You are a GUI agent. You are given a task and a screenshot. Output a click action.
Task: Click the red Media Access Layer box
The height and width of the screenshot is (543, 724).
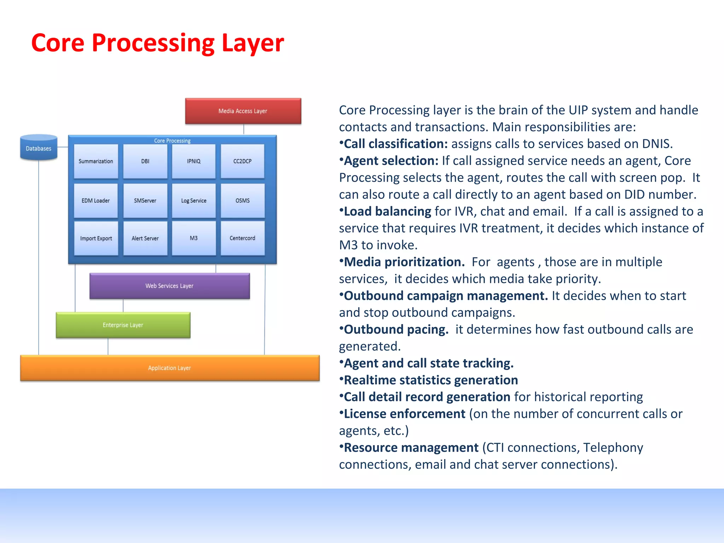(x=243, y=111)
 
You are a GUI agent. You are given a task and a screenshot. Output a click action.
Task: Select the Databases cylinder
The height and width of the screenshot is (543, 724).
(x=39, y=148)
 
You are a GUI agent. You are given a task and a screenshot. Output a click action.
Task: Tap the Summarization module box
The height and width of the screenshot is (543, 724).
(x=96, y=161)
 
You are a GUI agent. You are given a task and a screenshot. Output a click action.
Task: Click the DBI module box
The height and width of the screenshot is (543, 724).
(x=145, y=161)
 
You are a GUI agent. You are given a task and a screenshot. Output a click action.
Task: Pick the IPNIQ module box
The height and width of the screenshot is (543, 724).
(x=194, y=161)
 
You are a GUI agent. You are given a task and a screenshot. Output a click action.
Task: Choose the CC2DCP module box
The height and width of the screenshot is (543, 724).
(x=243, y=161)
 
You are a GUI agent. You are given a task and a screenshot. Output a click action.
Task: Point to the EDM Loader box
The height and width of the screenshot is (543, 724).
(x=96, y=200)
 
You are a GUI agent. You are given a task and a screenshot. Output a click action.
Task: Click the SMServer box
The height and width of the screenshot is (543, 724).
(x=145, y=200)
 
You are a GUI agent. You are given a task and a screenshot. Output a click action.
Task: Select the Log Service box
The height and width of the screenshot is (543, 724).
(x=194, y=200)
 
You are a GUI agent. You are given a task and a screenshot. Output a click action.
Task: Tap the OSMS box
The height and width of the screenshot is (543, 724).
(x=243, y=200)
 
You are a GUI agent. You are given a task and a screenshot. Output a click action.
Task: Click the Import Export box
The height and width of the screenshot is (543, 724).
(x=96, y=238)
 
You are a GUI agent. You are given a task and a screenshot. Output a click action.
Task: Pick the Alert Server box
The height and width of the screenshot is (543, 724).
(x=145, y=238)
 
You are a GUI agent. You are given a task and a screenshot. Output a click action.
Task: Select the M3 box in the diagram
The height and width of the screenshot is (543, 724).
(x=194, y=238)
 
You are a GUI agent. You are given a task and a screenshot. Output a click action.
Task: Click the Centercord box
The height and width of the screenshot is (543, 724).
(x=243, y=238)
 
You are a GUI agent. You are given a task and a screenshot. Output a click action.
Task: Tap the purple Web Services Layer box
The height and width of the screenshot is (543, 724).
(x=170, y=286)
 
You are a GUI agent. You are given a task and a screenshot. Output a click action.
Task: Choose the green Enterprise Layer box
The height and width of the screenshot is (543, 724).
(x=123, y=325)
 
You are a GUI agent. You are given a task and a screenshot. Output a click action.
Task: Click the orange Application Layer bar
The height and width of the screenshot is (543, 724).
(x=170, y=368)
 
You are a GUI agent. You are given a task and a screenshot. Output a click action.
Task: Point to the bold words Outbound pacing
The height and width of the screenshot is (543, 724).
(x=396, y=329)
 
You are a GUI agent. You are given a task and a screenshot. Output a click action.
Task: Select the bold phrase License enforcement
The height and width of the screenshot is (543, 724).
(x=404, y=414)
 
